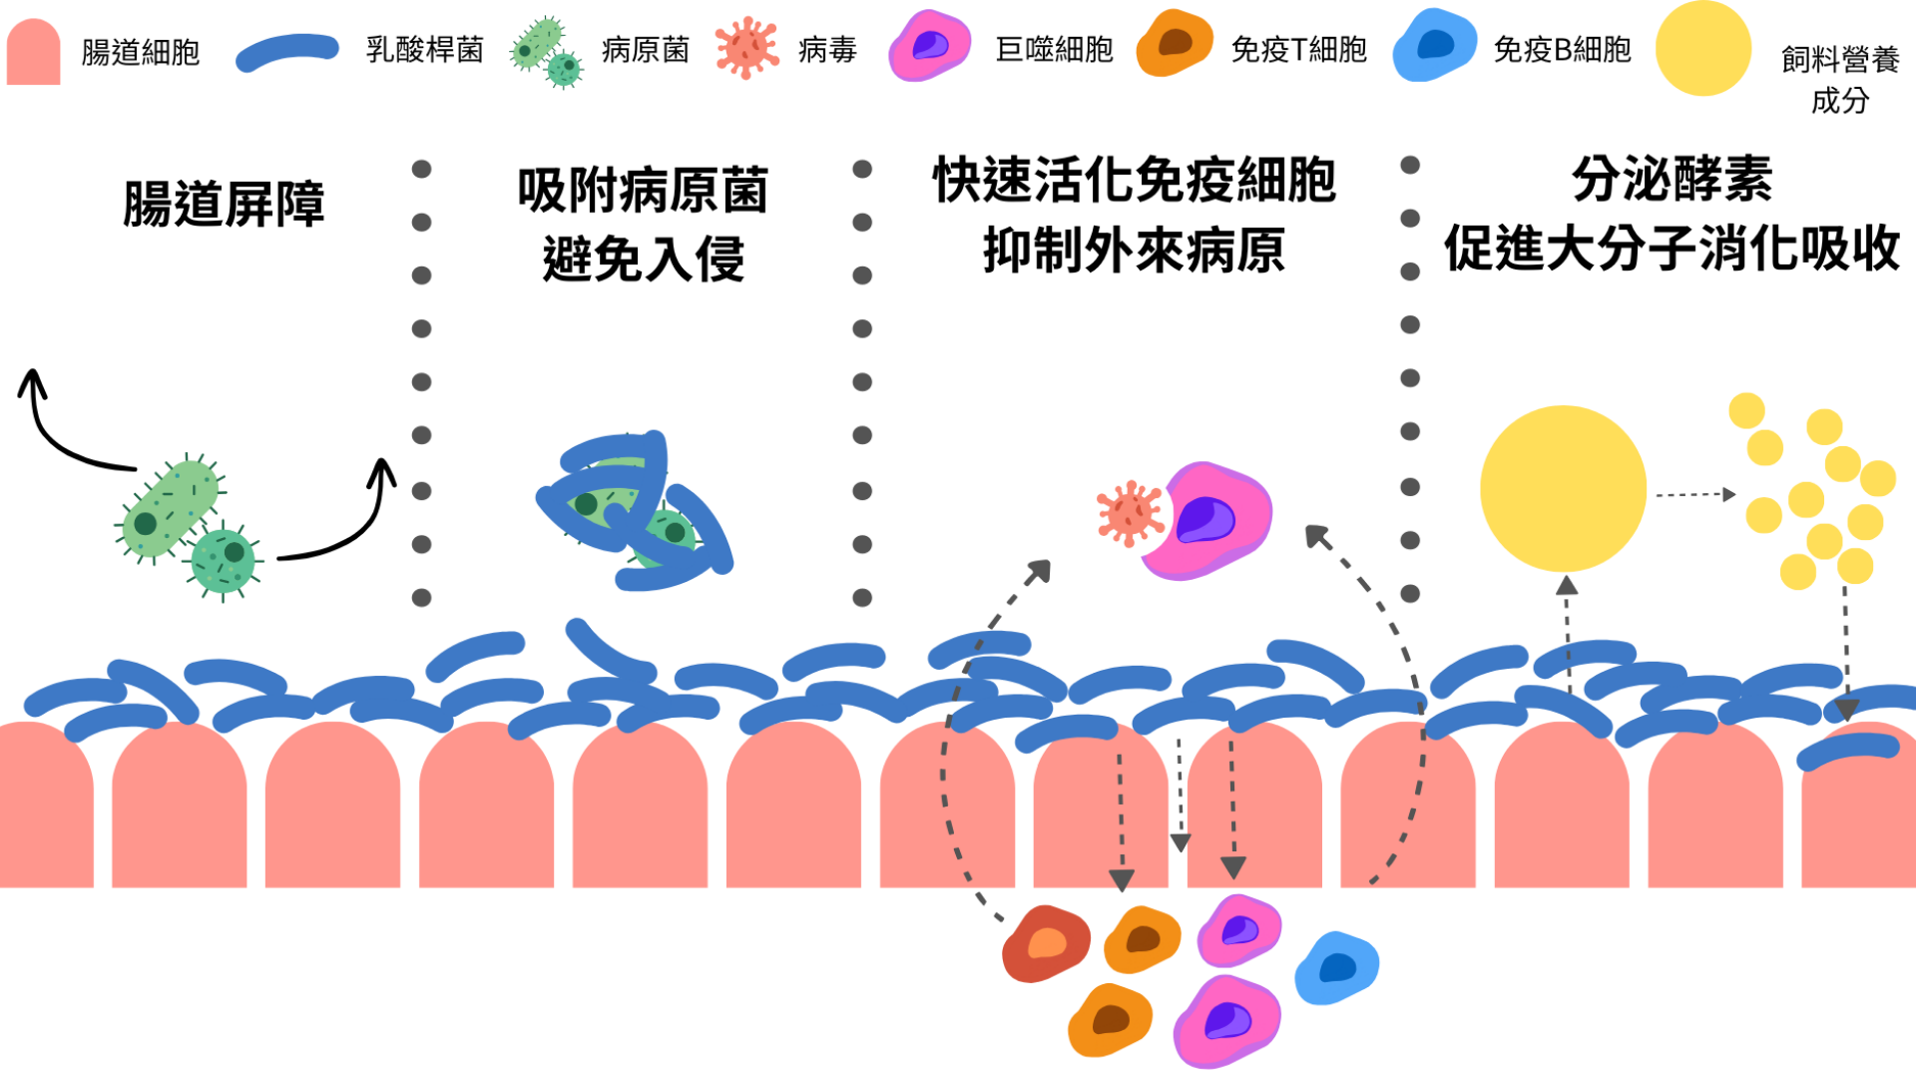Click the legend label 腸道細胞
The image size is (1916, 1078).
point(141,52)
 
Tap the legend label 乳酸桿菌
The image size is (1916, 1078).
point(424,50)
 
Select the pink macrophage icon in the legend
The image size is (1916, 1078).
point(929,45)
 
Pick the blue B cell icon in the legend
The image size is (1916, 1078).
point(1434,45)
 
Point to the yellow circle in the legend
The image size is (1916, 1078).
point(1702,48)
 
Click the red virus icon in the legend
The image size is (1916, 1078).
point(746,47)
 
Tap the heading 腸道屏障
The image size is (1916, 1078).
point(224,204)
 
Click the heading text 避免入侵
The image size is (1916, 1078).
point(644,260)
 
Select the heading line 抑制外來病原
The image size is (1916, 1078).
point(1134,250)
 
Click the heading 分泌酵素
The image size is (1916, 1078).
point(1672,180)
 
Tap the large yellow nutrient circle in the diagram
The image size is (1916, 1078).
point(1563,488)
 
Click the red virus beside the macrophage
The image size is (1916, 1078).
point(1130,513)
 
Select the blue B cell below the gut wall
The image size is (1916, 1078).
point(1336,968)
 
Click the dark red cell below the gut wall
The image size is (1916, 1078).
point(1046,943)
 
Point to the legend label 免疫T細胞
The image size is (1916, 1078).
point(1298,50)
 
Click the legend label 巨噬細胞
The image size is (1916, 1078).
point(1054,50)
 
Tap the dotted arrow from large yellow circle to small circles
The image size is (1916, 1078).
point(1694,494)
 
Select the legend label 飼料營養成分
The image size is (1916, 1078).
point(1839,80)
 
